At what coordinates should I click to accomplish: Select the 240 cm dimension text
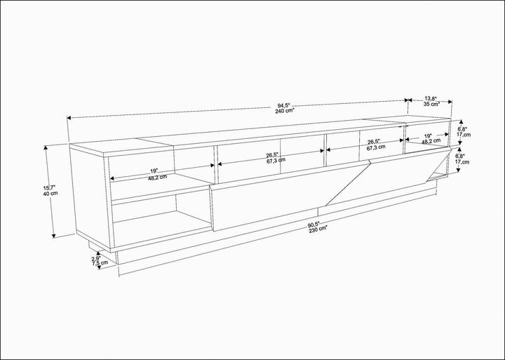point(284,111)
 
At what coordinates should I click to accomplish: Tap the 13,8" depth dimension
point(431,99)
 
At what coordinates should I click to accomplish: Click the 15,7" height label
point(48,188)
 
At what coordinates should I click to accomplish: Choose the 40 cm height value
point(48,194)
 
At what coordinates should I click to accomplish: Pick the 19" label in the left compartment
point(154,171)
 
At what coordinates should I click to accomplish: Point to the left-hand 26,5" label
point(272,154)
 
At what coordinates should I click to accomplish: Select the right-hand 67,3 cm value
point(376,149)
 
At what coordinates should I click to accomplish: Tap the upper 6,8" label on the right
point(462,129)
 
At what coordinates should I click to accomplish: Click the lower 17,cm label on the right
point(462,162)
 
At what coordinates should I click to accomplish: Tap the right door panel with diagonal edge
point(393,179)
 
